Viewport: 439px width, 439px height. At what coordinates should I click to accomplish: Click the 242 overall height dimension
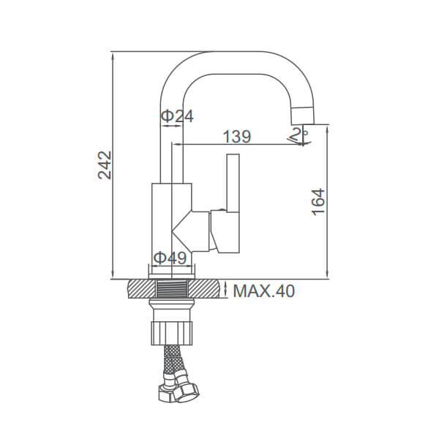105,165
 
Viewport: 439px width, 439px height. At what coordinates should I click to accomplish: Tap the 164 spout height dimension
318,202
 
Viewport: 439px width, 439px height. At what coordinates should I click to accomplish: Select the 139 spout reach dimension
237,137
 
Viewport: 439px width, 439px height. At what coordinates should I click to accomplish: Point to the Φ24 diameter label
178,116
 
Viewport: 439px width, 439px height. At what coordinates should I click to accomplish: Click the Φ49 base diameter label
170,258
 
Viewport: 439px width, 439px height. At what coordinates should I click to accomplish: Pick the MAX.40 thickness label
263,291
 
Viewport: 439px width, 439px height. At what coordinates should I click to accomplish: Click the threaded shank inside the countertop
171,289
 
